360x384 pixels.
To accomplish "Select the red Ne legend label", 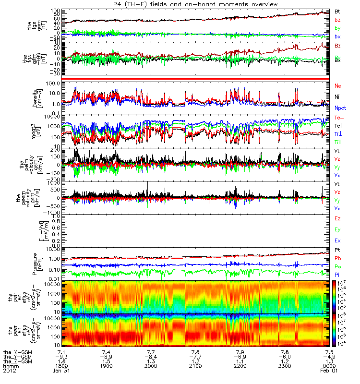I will coord(338,85).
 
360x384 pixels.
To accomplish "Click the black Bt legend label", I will coord(338,11).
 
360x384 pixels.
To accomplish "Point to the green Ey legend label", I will coord(338,229).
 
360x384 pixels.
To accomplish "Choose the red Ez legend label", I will coord(338,218).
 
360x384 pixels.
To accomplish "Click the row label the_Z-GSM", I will coord(17,362).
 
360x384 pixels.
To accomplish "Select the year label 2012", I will coord(9,371).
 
